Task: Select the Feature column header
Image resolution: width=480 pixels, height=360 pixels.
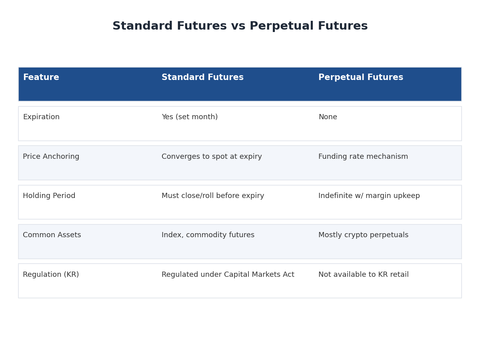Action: pyautogui.click(x=41, y=77)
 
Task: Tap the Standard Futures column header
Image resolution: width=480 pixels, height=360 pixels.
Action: pyautogui.click(x=202, y=77)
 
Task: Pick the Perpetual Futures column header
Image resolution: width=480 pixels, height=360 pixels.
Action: pyautogui.click(x=361, y=77)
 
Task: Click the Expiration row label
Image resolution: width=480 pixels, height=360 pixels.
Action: pyautogui.click(x=41, y=117)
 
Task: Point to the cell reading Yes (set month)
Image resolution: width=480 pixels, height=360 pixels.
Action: pyautogui.click(x=190, y=117)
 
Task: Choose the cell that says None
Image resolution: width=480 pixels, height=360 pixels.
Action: pyautogui.click(x=328, y=117)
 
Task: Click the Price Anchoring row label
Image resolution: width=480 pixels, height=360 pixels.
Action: pyautogui.click(x=51, y=156)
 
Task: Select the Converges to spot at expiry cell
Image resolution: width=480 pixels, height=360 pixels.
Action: pyautogui.click(x=212, y=156)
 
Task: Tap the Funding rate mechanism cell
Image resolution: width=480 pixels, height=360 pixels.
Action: pyautogui.click(x=363, y=156)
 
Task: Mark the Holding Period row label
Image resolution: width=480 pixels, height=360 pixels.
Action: pyautogui.click(x=49, y=196)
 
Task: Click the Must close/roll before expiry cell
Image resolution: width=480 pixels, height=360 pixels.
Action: pyautogui.click(x=213, y=196)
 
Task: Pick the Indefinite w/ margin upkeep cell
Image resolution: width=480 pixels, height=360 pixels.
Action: pyautogui.click(x=369, y=196)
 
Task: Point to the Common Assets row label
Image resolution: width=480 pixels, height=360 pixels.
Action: pyautogui.click(x=52, y=235)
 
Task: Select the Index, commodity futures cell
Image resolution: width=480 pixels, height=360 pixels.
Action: pyautogui.click(x=208, y=235)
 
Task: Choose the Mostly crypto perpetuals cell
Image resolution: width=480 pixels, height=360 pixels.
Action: pyautogui.click(x=364, y=235)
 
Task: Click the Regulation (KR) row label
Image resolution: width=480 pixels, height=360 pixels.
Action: pyautogui.click(x=51, y=274)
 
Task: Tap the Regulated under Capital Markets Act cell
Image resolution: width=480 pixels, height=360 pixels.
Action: pyautogui.click(x=228, y=274)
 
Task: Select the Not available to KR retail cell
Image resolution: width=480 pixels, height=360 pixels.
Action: pyautogui.click(x=364, y=274)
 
